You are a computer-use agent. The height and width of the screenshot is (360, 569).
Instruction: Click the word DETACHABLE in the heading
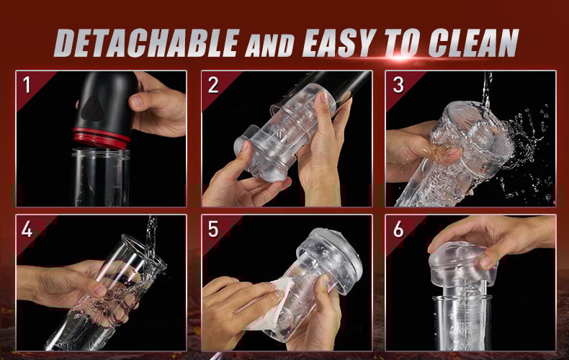[147, 42]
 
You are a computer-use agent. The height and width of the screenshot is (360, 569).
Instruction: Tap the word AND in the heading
[269, 46]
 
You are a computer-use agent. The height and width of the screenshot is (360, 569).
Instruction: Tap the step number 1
[27, 85]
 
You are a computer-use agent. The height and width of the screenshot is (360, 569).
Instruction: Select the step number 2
[213, 85]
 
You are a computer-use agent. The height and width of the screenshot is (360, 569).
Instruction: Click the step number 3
[398, 85]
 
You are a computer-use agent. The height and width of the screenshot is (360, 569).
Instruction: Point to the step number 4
[27, 229]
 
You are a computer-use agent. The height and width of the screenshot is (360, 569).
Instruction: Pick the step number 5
[213, 229]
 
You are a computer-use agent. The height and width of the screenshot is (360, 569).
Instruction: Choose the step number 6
[398, 229]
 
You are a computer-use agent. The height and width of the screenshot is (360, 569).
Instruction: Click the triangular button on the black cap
[91, 109]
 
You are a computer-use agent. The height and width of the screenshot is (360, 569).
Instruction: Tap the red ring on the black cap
[102, 138]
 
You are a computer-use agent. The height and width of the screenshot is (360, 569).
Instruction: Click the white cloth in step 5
[266, 305]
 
